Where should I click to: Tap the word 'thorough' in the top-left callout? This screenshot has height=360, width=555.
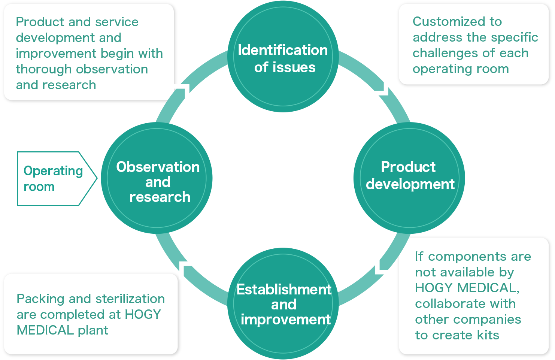(40, 69)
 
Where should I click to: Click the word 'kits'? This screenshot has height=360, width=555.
(488, 335)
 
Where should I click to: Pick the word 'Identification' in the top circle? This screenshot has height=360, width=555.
(283, 50)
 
